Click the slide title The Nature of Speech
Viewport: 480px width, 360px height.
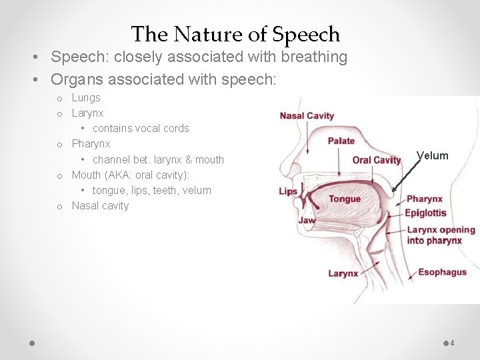click(x=235, y=34)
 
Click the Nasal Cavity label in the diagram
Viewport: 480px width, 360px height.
click(x=307, y=116)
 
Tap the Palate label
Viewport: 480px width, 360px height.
click(x=341, y=141)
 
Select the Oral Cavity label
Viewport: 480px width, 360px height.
click(x=377, y=160)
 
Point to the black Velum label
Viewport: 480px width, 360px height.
click(x=433, y=156)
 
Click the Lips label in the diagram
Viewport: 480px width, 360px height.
click(x=288, y=192)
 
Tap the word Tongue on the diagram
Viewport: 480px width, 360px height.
click(x=345, y=199)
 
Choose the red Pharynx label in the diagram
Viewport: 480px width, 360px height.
click(x=425, y=199)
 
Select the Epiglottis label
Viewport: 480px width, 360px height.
click(x=426, y=213)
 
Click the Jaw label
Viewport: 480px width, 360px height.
click(x=307, y=221)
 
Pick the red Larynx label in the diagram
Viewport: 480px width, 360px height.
click(x=343, y=273)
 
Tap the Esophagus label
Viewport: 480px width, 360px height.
click(x=442, y=272)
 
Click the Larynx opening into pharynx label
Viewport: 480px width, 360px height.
click(x=441, y=235)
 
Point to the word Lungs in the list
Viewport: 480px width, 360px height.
click(x=86, y=98)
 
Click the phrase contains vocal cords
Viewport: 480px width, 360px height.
click(x=141, y=129)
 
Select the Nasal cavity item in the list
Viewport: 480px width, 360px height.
click(x=100, y=205)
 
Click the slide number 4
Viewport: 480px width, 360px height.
click(x=452, y=343)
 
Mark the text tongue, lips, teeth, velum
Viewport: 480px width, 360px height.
click(x=152, y=190)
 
